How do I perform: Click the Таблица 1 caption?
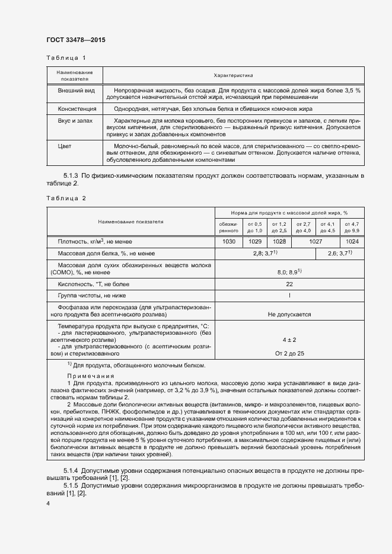click(66, 57)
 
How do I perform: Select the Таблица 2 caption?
click(66, 198)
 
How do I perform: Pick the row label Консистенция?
click(76, 109)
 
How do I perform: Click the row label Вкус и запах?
click(76, 120)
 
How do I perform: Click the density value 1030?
click(229, 242)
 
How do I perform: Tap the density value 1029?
click(254, 242)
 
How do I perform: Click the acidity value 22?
click(289, 284)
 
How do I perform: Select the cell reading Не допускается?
click(289, 315)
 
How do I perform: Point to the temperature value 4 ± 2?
click(289, 340)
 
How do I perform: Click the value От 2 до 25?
click(289, 353)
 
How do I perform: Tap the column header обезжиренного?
click(229, 226)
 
